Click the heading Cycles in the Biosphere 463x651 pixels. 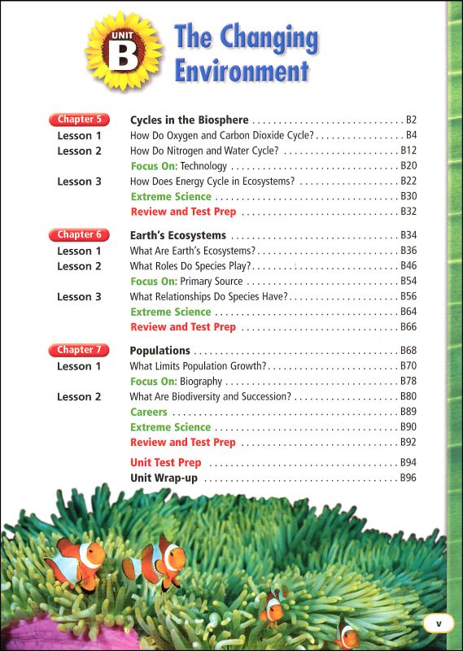coord(189,120)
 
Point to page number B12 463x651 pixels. coord(408,151)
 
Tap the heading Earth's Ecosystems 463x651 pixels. coord(178,236)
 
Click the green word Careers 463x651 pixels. coord(149,412)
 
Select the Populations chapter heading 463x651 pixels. coord(160,351)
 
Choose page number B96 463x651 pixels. coord(408,478)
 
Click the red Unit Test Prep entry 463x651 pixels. coord(166,463)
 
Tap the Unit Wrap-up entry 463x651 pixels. coord(164,478)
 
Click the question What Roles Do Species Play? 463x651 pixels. coord(190,266)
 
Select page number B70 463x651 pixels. coord(408,366)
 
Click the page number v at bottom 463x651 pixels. coord(438,623)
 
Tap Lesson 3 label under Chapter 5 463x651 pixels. coord(79,181)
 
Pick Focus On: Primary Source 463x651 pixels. coord(186,281)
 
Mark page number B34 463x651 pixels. coord(408,236)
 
